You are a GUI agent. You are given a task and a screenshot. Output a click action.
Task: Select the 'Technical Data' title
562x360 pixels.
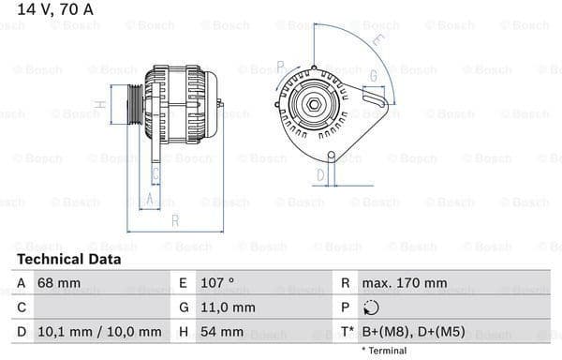click(x=68, y=260)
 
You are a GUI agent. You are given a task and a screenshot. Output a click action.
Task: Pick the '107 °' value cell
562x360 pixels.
click(x=218, y=282)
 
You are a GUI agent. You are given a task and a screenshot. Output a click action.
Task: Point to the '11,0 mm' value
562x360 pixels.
click(x=229, y=307)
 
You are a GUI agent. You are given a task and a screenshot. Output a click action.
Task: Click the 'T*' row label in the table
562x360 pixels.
click(x=346, y=331)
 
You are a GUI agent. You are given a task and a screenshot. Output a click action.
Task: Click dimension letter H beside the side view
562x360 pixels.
click(x=100, y=104)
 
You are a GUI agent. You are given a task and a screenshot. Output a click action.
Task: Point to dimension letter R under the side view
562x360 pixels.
click(x=174, y=221)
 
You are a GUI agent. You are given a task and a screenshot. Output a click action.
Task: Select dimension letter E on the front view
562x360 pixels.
click(x=377, y=39)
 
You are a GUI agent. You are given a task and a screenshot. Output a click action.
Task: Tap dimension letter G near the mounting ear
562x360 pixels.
click(x=373, y=75)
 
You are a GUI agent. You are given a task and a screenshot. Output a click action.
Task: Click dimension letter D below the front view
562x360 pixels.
click(x=319, y=174)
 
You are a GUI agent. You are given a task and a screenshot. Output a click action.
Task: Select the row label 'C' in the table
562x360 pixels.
click(x=22, y=307)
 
